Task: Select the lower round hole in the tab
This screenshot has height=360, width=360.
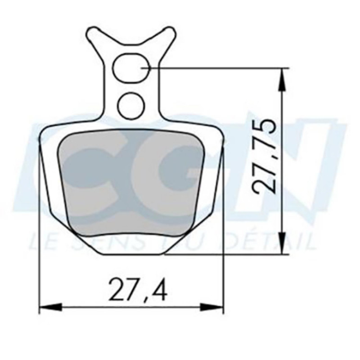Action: point(131,105)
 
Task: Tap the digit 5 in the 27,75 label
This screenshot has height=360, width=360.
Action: point(264,129)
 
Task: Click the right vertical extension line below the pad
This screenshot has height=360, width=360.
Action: point(224,270)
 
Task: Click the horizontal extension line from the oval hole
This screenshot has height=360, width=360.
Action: point(216,68)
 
